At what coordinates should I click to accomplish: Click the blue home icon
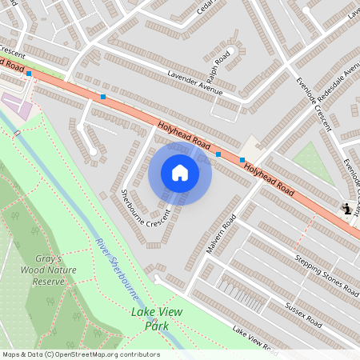pos(180,173)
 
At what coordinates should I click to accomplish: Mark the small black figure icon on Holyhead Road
pos(346,210)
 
